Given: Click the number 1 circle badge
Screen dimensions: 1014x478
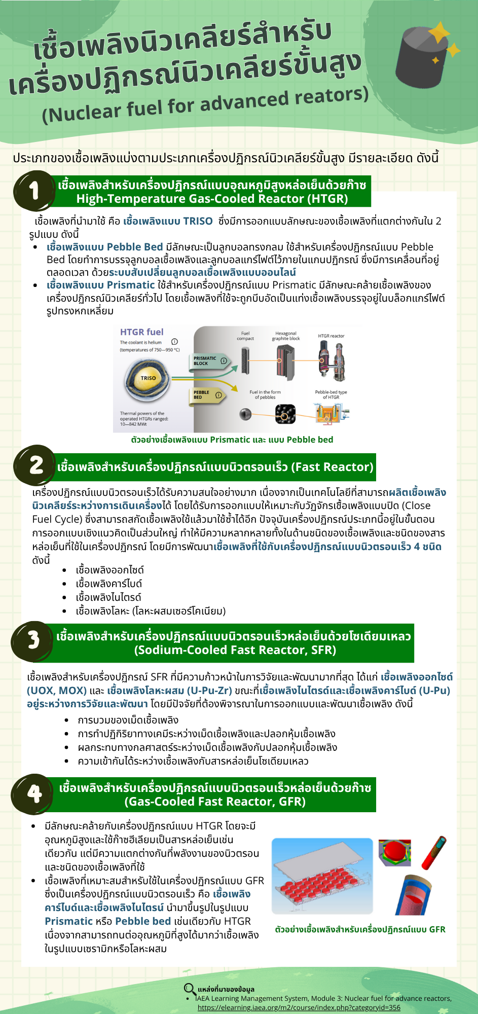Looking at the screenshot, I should [x=34, y=191].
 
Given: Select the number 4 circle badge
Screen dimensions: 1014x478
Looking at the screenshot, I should [x=34, y=793].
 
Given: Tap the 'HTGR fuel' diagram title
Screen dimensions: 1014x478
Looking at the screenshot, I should [x=141, y=332].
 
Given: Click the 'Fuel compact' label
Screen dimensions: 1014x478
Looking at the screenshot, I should [x=245, y=336].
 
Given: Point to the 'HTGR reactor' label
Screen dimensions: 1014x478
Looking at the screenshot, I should [x=331, y=336].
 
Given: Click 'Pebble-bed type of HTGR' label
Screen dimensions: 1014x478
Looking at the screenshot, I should [x=331, y=394].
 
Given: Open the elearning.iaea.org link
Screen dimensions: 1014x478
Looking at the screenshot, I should [x=299, y=1007].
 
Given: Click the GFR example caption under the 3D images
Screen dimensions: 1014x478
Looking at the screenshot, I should [x=360, y=929].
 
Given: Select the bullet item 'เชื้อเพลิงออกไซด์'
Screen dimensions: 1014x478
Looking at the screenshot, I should [x=109, y=570].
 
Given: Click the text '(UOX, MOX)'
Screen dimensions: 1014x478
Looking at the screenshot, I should [x=56, y=691].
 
